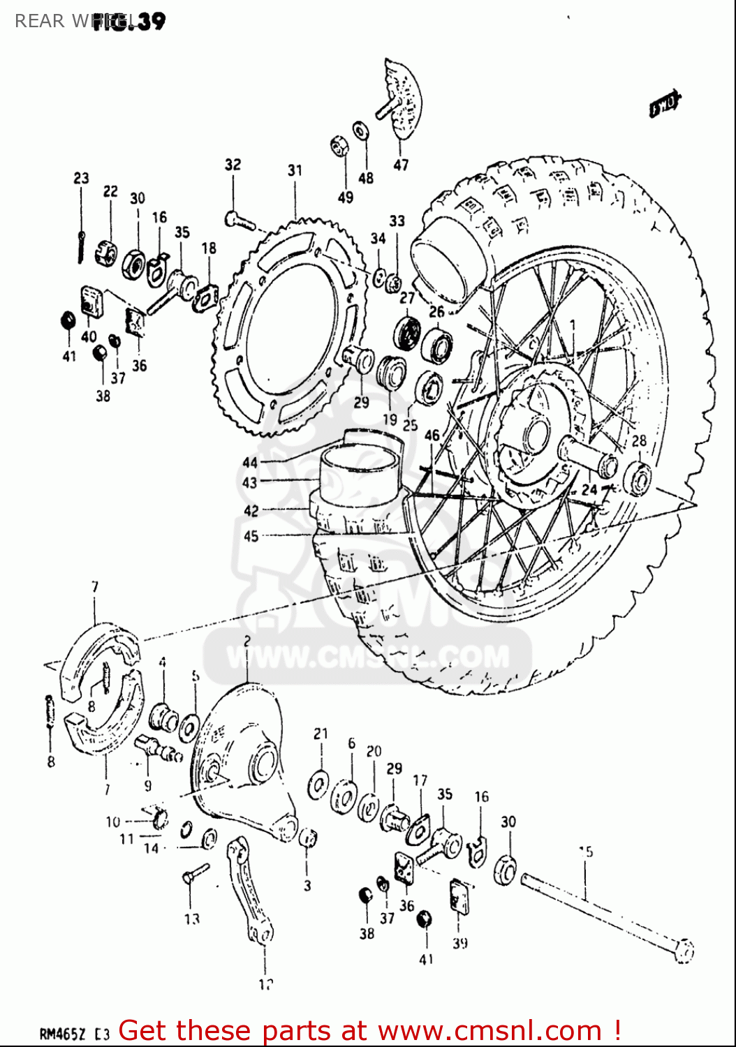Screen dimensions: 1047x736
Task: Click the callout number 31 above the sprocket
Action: point(295,170)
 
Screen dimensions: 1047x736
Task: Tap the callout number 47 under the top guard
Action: point(400,165)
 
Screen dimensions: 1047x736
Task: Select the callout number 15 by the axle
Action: point(586,852)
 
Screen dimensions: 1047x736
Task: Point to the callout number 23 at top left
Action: point(81,178)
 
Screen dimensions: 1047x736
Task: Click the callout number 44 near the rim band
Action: point(250,462)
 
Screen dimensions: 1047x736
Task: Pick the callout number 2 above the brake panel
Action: point(247,641)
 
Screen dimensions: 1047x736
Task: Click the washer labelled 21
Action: point(319,782)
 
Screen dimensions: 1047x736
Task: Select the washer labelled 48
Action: point(362,131)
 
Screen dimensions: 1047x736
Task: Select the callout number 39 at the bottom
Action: point(459,943)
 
